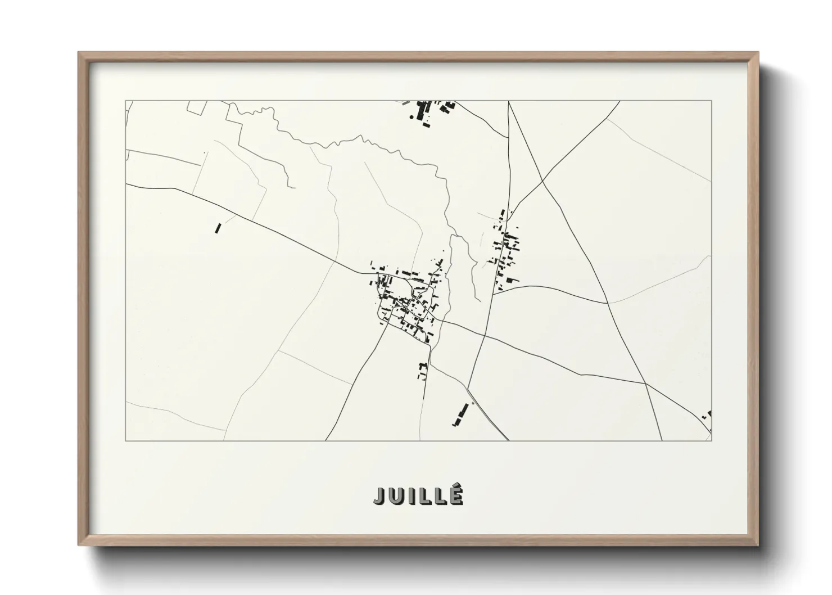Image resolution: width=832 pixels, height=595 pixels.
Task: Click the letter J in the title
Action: coord(380,495)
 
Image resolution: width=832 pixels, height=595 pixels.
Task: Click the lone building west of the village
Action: coord(218,228)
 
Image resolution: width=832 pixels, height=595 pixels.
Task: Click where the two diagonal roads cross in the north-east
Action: coord(542,182)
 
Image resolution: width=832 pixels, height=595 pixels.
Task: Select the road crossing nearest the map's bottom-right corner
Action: coord(645,384)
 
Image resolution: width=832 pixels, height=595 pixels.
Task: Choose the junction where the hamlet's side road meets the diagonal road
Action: coord(608,303)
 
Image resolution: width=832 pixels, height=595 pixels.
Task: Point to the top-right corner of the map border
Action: coord(711,101)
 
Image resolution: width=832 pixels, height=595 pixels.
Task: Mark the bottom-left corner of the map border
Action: coord(125,440)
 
